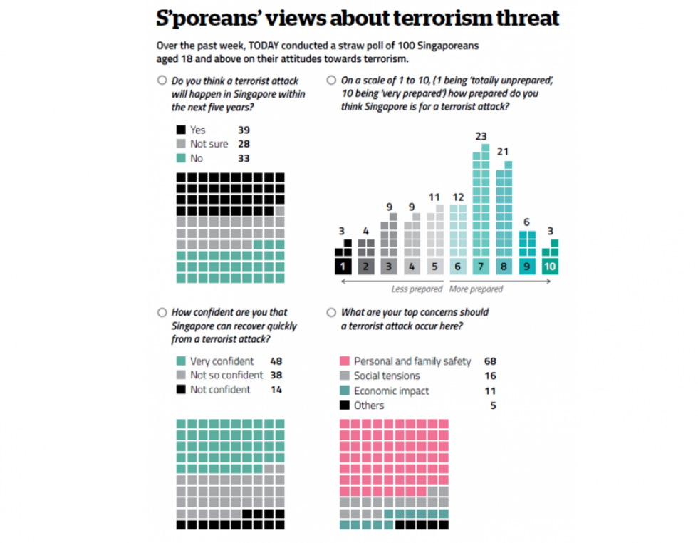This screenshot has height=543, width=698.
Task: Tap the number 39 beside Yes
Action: coord(244,130)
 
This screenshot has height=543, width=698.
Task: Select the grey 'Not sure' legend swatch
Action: coord(181,144)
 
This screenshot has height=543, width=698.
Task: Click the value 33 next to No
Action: coord(244,158)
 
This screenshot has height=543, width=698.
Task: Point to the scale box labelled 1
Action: coord(343,267)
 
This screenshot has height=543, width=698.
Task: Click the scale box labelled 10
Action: coord(550,267)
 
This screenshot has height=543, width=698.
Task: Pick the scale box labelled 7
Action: coord(481,267)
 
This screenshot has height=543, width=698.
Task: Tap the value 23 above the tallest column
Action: coord(481,135)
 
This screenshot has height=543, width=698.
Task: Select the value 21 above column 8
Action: coord(504,152)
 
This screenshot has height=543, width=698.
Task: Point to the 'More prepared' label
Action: coord(476,289)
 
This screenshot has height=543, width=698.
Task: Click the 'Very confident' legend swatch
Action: coord(181,361)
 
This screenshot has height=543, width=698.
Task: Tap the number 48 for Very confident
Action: coord(276,361)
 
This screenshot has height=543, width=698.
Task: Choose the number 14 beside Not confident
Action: coord(276,390)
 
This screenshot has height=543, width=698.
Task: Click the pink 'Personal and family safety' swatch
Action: coord(345,361)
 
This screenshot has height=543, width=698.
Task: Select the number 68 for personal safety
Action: coord(489,361)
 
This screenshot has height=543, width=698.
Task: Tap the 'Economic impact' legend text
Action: coord(390,391)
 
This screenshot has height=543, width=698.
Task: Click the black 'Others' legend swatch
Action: coord(345,405)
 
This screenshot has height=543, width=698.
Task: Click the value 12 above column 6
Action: coord(457,197)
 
